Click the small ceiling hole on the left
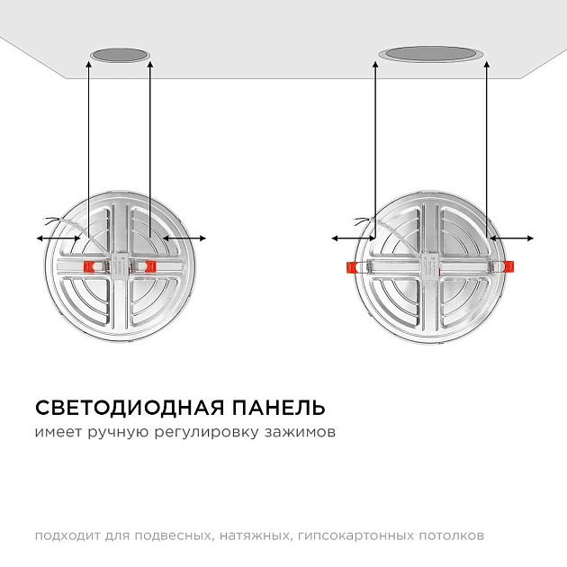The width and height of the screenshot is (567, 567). (x=120, y=58)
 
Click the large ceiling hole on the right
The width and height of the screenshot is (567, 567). (x=429, y=54)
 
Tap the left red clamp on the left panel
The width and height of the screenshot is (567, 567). (x=91, y=266)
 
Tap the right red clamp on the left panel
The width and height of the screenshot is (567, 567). (x=148, y=266)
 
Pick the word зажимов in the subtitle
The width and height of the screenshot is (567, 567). (x=301, y=433)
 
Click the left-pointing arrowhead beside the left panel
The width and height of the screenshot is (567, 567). (x=38, y=238)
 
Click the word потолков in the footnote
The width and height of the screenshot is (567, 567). (x=453, y=535)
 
